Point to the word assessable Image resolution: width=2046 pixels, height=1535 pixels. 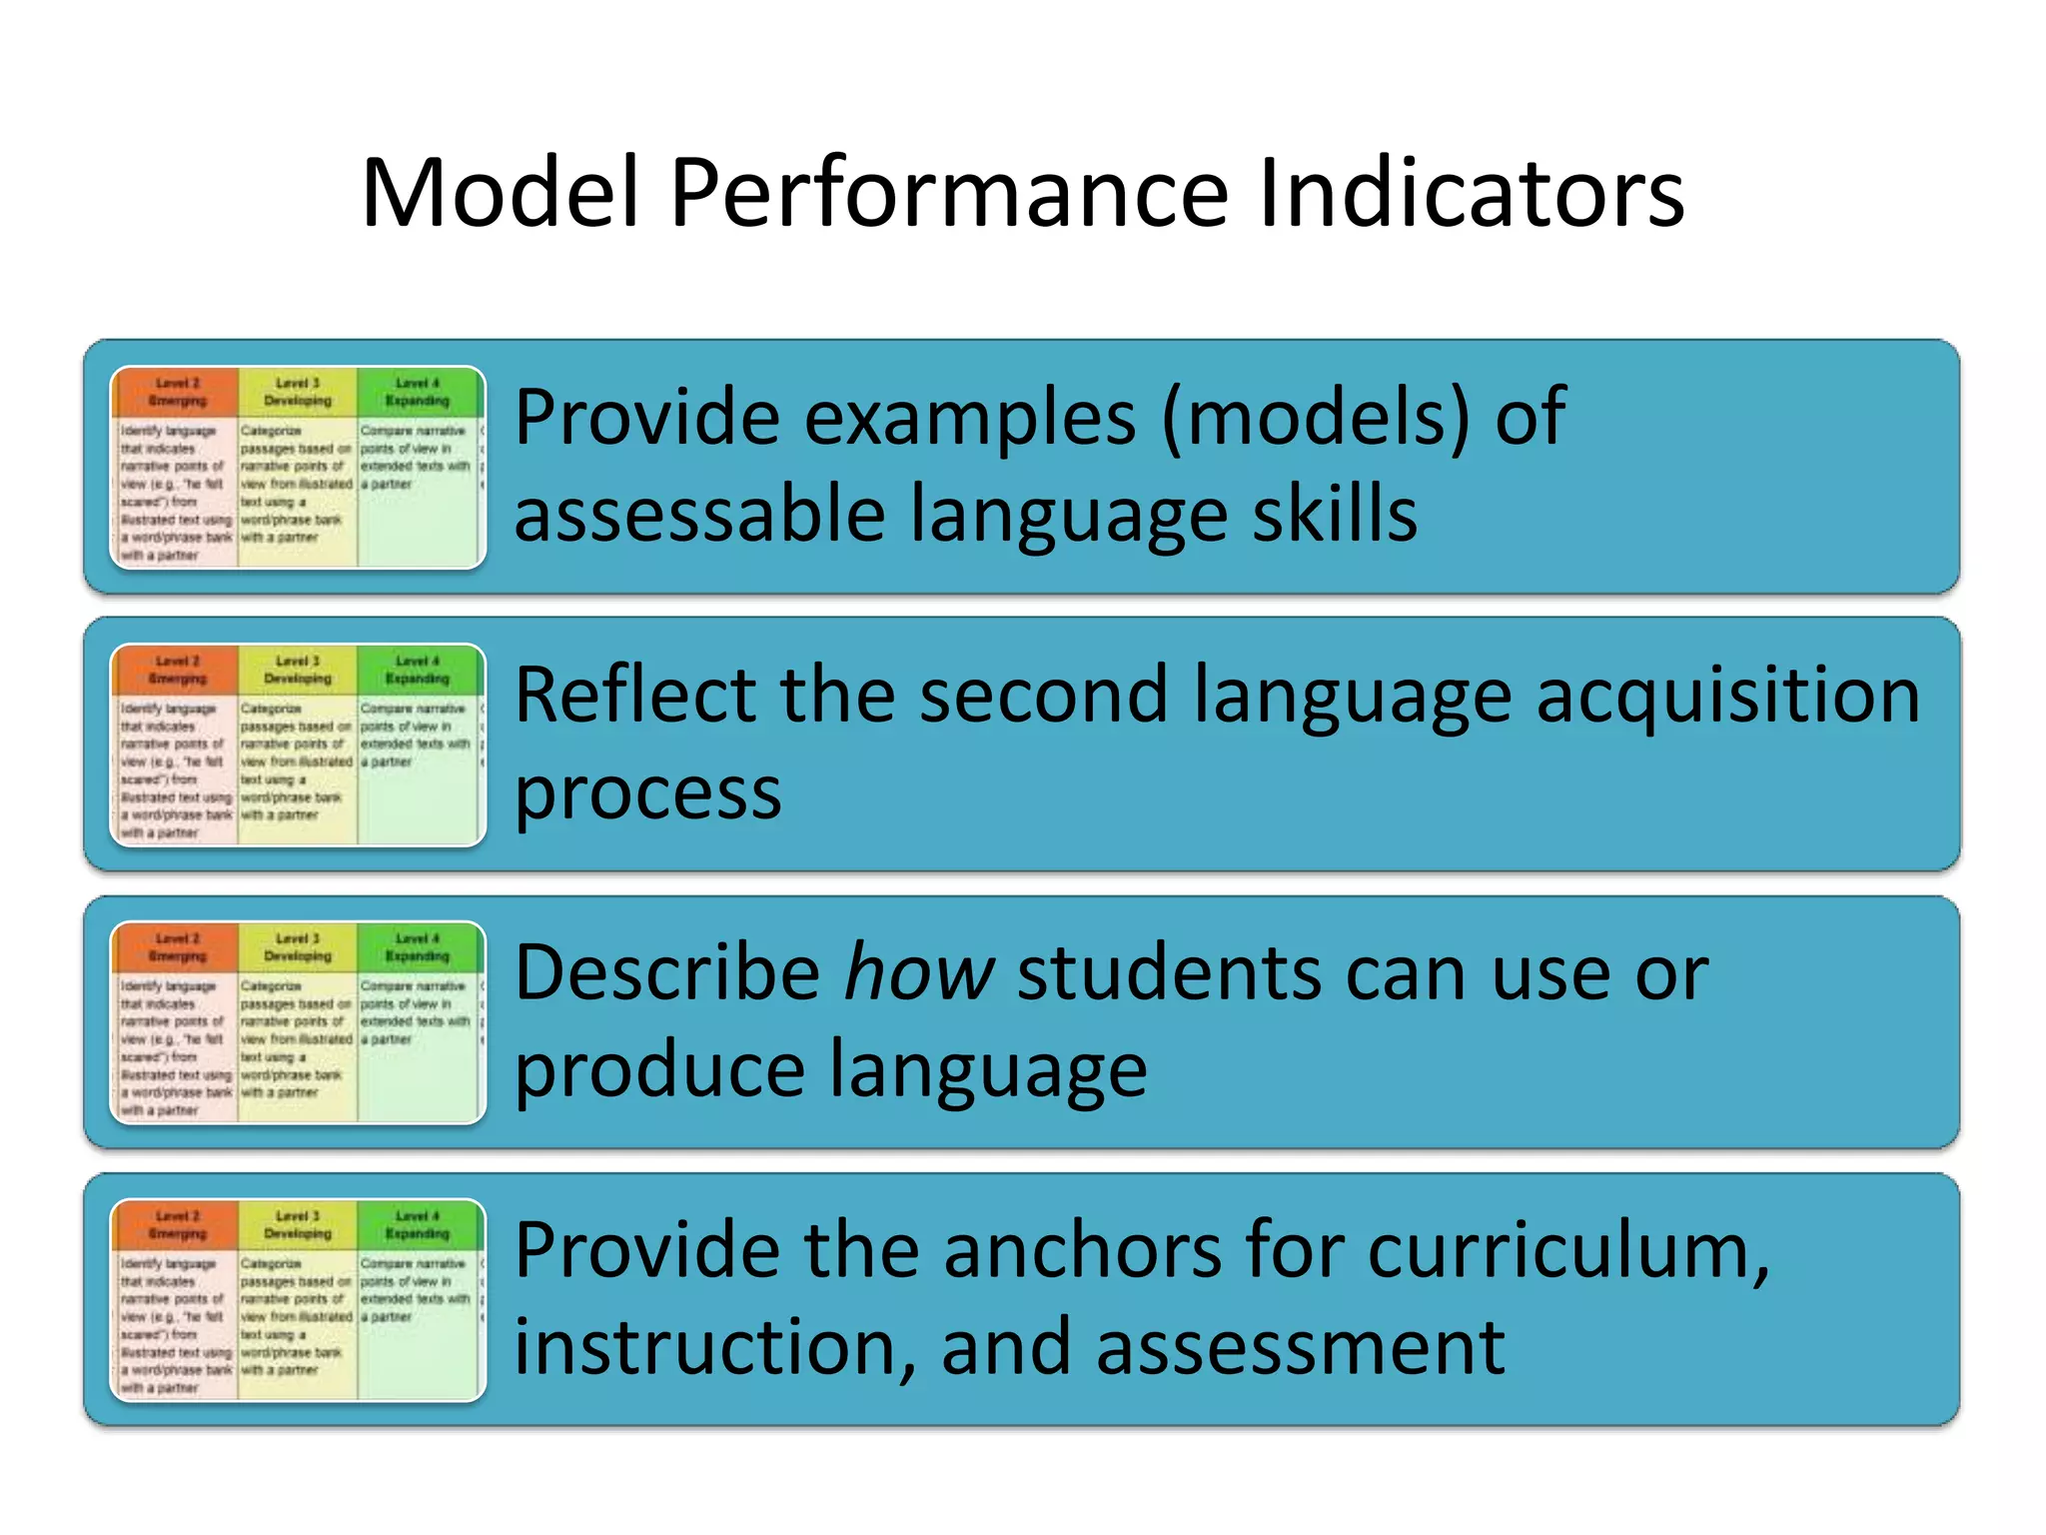point(699,515)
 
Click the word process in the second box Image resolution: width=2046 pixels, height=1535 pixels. point(647,794)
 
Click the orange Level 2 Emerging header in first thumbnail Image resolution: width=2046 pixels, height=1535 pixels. point(177,392)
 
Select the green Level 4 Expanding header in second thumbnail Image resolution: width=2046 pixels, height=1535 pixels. point(418,670)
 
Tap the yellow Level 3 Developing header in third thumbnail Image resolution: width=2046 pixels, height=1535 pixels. point(298,947)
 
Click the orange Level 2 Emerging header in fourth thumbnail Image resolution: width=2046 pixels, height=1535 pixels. point(177,1225)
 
